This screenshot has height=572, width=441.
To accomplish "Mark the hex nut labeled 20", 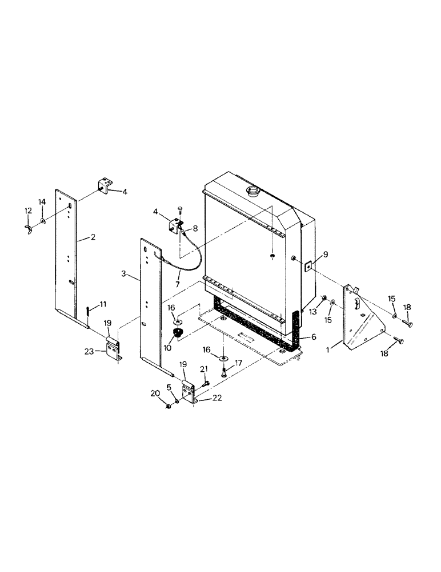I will [x=169, y=406].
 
